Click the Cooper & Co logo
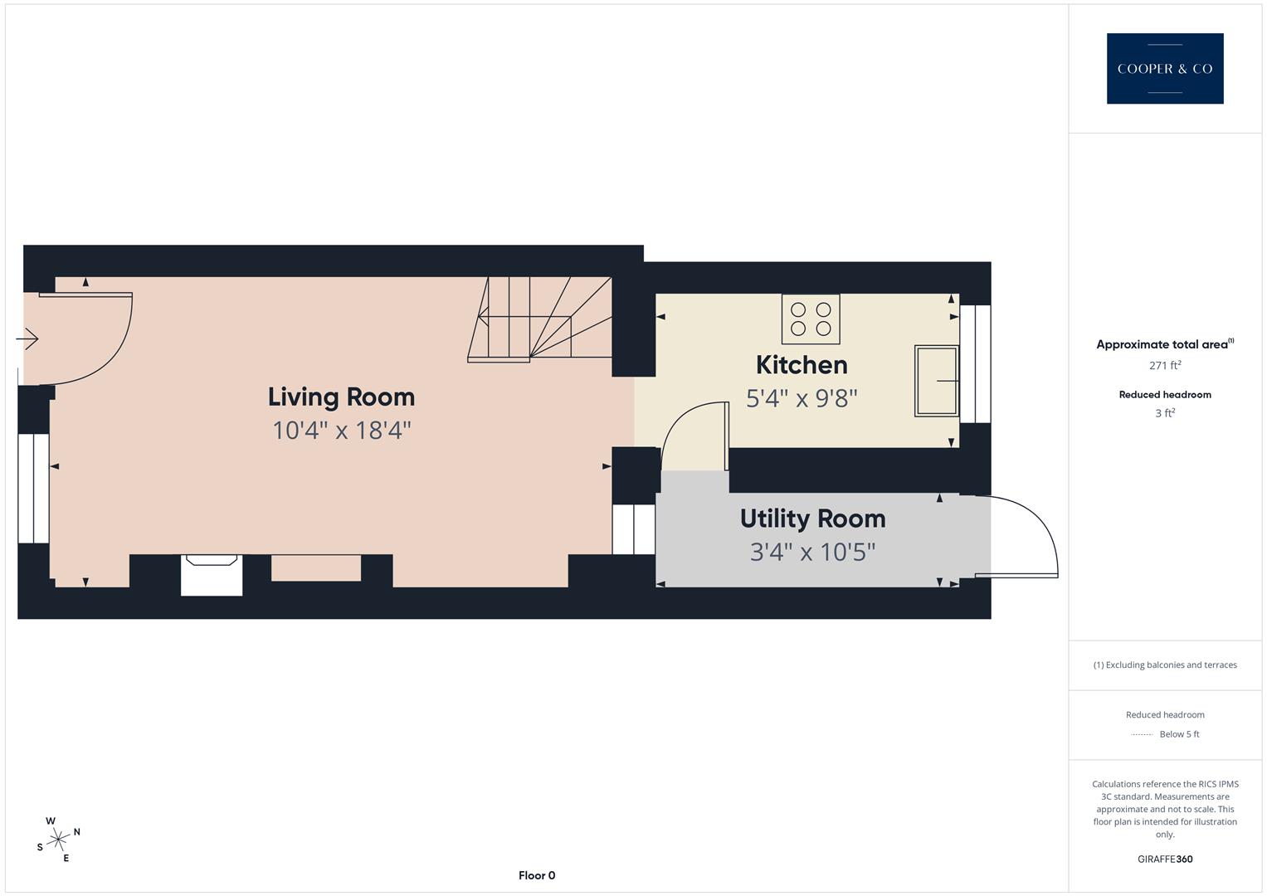(1164, 69)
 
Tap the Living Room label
(341, 397)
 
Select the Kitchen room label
(802, 365)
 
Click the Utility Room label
(812, 519)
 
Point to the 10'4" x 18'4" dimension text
(342, 431)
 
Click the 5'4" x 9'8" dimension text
(802, 399)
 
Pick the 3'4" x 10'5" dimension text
(812, 552)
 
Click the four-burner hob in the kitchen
(811, 319)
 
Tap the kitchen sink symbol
(936, 381)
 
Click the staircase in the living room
(539, 319)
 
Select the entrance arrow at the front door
(27, 339)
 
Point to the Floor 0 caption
(537, 875)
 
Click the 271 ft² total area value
(1165, 365)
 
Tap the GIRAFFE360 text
(1165, 859)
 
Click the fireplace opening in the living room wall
(212, 575)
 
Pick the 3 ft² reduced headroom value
(1165, 413)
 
